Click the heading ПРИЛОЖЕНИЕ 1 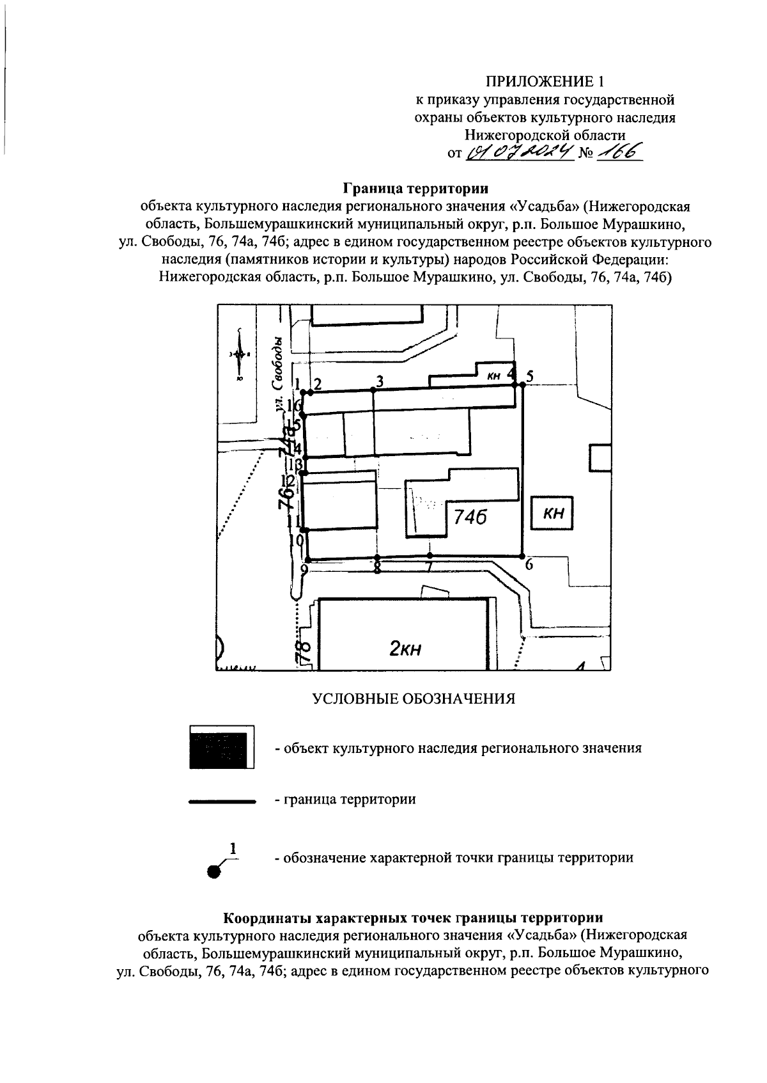click(x=545, y=81)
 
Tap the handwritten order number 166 click(x=617, y=152)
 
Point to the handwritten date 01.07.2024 click(x=519, y=152)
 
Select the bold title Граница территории click(x=415, y=189)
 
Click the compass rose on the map click(x=239, y=354)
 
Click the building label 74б click(x=470, y=516)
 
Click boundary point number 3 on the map click(x=373, y=388)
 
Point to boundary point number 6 click(x=522, y=555)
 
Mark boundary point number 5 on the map click(x=522, y=384)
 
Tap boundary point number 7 click(x=430, y=555)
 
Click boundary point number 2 click(x=310, y=391)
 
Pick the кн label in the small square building click(x=553, y=513)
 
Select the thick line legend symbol click(x=221, y=800)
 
